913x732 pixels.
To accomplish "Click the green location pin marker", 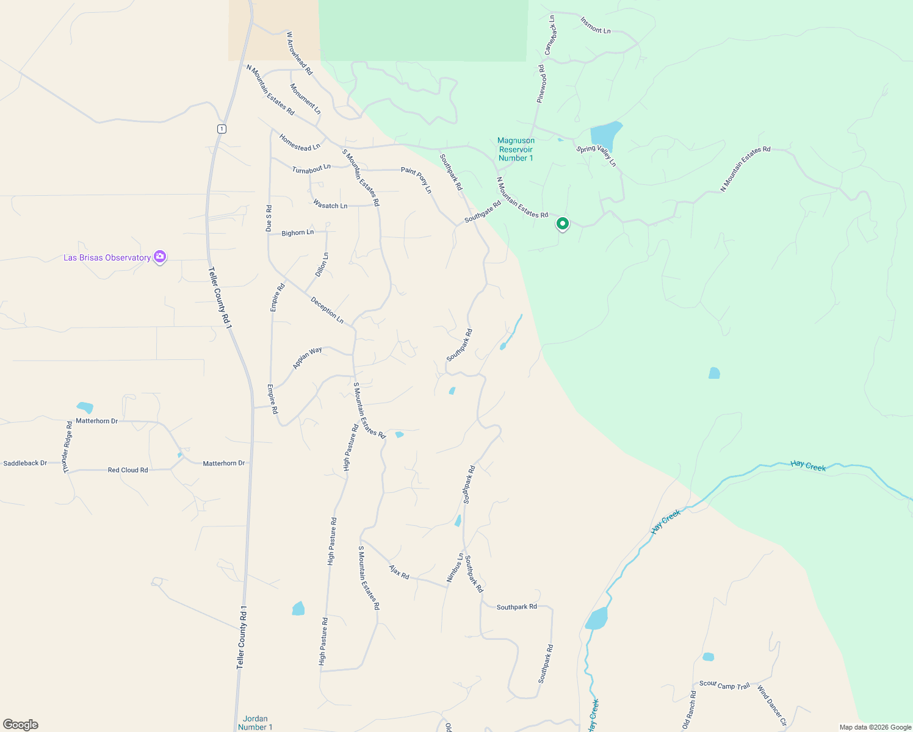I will coord(562,224).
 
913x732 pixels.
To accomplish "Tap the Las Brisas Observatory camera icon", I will coord(160,257).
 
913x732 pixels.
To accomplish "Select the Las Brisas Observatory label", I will coord(107,258).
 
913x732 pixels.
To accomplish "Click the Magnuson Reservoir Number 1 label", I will coord(516,149).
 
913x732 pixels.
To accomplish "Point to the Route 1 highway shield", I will coord(222,129).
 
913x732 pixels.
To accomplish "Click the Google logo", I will coord(21,724).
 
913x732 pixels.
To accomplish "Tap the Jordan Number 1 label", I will coord(255,723).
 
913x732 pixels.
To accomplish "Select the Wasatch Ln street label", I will coord(330,205).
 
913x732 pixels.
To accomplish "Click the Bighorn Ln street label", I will coord(298,232).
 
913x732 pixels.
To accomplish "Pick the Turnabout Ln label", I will coord(311,168).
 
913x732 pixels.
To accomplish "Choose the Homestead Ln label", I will coord(299,143).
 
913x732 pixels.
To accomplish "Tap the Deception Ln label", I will coord(327,310).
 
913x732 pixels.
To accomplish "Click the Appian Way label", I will coord(308,357).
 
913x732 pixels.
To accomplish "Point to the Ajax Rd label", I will coord(399,572).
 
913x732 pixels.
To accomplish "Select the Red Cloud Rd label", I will coord(128,470).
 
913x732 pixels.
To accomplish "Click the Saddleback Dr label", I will coord(25,463).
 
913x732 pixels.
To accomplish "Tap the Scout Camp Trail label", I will coord(724,685).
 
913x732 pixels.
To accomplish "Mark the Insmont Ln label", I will coord(595,26).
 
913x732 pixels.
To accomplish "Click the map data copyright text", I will coord(875,727).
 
